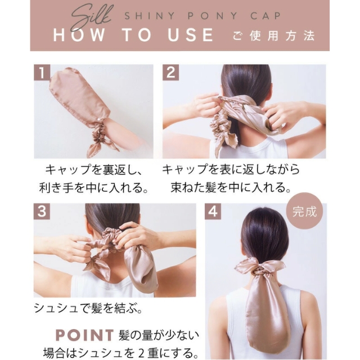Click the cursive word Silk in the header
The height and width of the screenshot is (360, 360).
coord(92,18)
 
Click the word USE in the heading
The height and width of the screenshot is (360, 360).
coord(190,35)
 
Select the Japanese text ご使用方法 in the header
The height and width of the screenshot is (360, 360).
coord(274,35)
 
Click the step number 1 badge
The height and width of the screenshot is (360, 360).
coord(42,73)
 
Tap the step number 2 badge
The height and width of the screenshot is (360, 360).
coord(170,73)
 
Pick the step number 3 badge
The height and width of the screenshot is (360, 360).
coord(42,211)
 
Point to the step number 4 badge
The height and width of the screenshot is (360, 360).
coord(213,211)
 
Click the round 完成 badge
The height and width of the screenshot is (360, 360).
coord(304,211)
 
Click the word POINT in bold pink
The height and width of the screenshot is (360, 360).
coord(85,335)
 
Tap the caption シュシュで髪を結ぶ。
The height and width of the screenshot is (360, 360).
coord(88,308)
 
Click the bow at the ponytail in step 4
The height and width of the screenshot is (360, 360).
coord(260,266)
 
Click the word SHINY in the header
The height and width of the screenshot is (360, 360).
coord(150,16)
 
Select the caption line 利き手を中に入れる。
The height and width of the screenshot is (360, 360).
coord(93,188)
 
